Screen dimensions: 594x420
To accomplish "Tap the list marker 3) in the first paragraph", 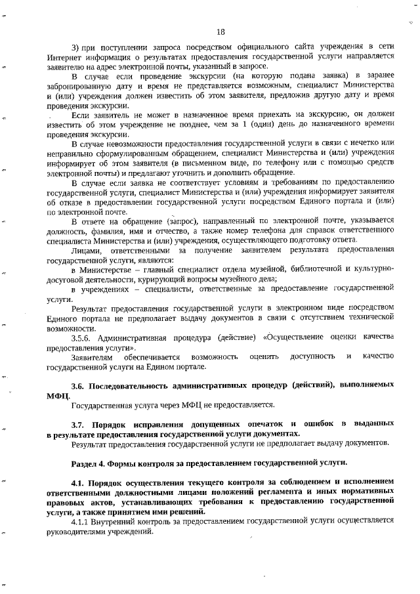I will click(x=75, y=45).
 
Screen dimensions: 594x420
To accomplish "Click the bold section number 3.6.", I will click(x=78, y=385).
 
